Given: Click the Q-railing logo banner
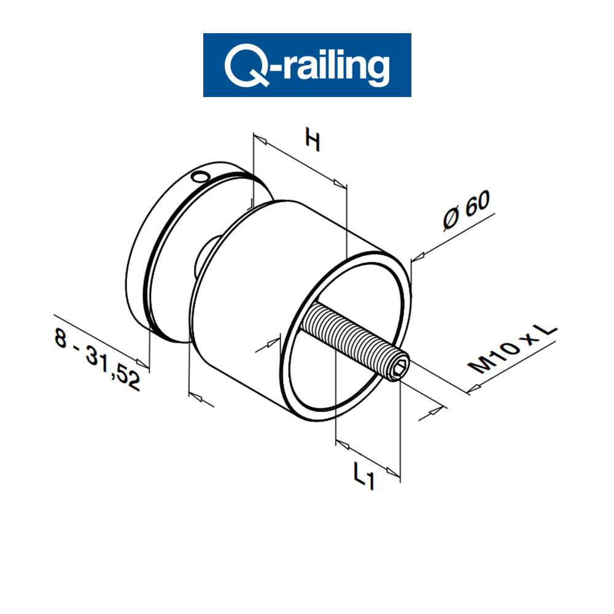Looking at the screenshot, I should [307, 65].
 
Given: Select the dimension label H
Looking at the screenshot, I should [313, 142].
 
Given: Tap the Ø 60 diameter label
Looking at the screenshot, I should [467, 212].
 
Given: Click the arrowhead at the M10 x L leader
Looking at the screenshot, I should [473, 389].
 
